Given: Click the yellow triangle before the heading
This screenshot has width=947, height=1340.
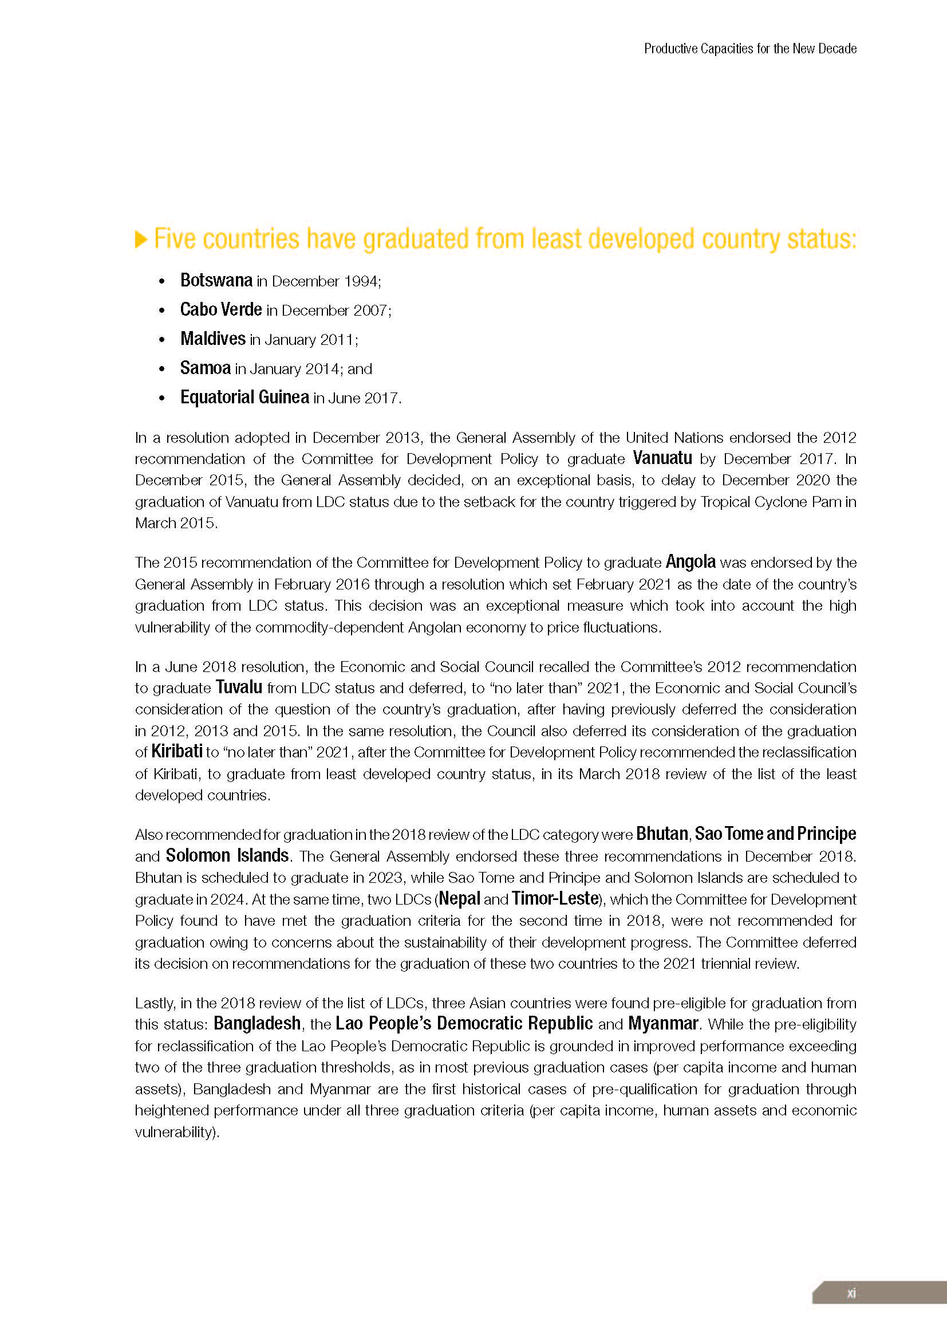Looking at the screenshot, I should tap(140, 239).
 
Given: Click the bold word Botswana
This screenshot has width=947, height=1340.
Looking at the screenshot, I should tap(216, 280).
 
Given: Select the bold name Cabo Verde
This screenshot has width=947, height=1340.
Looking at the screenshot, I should tap(220, 309).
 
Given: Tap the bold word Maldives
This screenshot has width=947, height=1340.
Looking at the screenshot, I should tap(213, 339).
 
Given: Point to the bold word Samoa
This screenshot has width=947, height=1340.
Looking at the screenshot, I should tap(206, 368).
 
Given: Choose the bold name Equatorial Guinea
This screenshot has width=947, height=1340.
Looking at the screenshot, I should tap(244, 397).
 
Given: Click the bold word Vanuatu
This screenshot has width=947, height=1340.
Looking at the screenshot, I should tap(662, 458).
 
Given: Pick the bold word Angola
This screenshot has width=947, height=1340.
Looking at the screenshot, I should tap(690, 561).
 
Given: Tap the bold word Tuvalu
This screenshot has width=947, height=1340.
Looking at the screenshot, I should tap(239, 687).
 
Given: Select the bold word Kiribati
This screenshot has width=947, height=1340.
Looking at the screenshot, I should tap(177, 751).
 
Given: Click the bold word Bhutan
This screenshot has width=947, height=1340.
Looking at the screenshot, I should tap(662, 834).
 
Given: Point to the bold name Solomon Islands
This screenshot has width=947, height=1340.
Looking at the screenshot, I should tap(227, 855).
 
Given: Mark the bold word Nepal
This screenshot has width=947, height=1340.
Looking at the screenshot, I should tap(460, 898).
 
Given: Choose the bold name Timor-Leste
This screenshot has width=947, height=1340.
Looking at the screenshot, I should tap(555, 898).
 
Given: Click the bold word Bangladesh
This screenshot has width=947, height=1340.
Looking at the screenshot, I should tap(257, 1023).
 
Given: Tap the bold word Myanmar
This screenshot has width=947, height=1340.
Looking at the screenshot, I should tap(662, 1023).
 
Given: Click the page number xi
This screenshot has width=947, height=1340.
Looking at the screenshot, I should tap(851, 1294).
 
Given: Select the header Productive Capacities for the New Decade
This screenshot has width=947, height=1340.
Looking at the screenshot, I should tap(750, 49).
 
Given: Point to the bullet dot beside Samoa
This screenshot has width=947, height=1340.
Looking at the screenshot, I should tap(162, 369).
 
